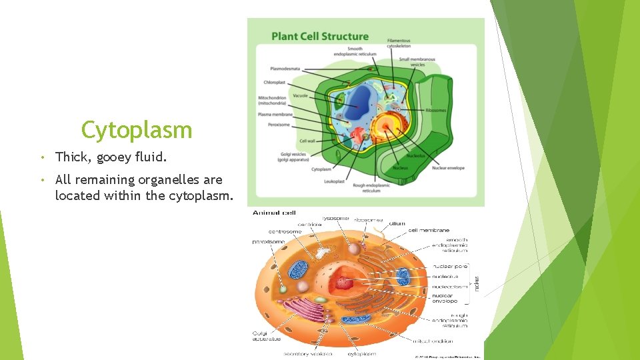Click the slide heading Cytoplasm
pyautogui.click(x=137, y=130)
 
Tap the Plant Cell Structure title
pyautogui.click(x=319, y=36)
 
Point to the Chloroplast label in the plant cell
pyautogui.click(x=274, y=83)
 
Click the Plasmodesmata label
pyautogui.click(x=285, y=68)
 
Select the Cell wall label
pyautogui.click(x=307, y=141)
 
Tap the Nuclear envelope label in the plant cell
pyautogui.click(x=448, y=168)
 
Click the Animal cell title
pyautogui.click(x=273, y=213)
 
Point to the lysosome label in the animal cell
pyautogui.click(x=335, y=218)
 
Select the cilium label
pyautogui.click(x=397, y=223)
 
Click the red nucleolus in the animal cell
pyautogui.click(x=344, y=283)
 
